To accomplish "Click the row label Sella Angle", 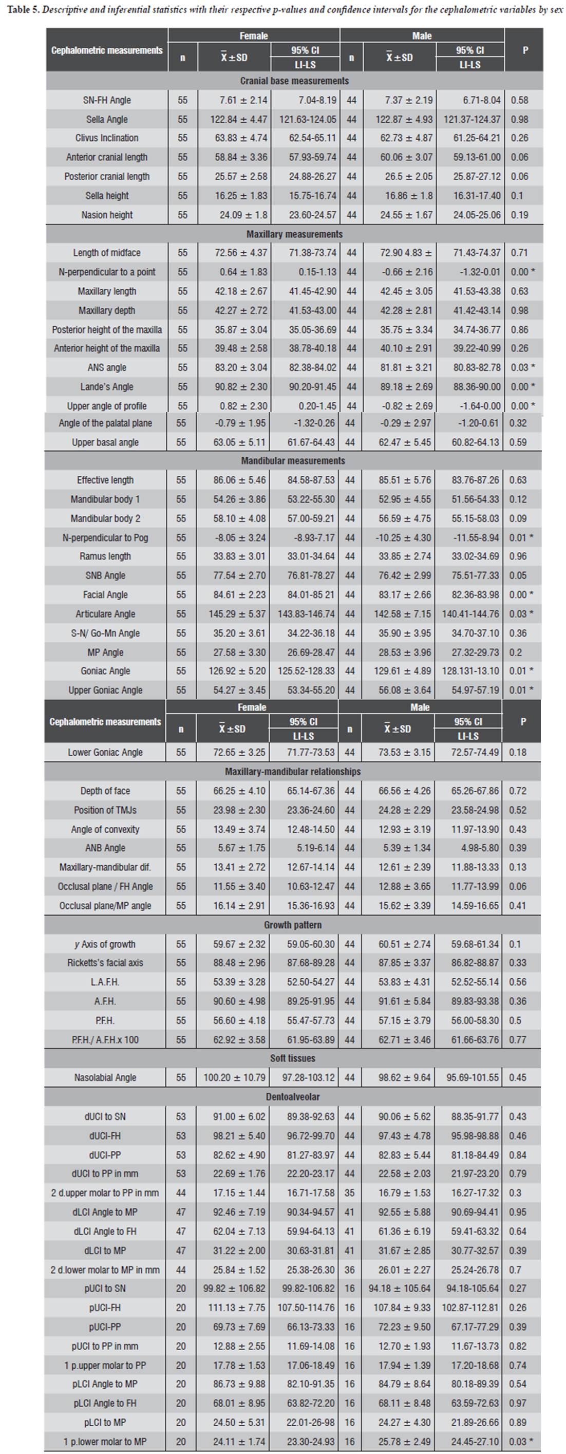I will tap(107, 119).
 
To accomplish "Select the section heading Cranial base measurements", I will tap(294, 81).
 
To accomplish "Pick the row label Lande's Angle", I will tap(107, 387).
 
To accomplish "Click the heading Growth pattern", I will tap(293, 925).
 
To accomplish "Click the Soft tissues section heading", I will tap(293, 1058).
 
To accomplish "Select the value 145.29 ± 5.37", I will tap(234, 613).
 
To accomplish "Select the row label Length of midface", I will tap(107, 253).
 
